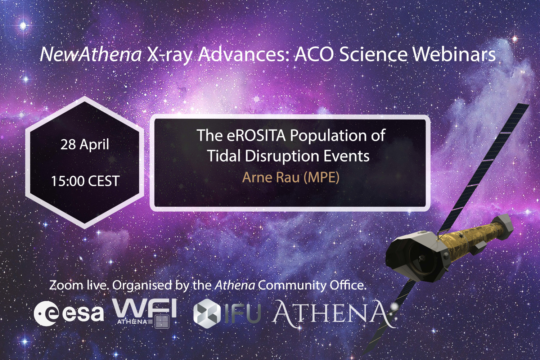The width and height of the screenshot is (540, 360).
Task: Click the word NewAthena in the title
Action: (91, 54)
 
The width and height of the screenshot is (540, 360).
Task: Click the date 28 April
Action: (85, 144)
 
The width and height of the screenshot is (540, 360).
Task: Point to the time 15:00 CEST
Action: (85, 181)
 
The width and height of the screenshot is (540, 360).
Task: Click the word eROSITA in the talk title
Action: (256, 136)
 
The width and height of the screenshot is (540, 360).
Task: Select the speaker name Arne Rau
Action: (271, 177)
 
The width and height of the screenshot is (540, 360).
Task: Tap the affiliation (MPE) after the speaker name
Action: (321, 177)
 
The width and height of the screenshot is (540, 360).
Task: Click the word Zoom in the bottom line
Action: (66, 285)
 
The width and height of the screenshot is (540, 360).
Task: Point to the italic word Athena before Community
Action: (235, 285)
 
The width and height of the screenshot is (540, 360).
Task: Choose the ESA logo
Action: (68, 313)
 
